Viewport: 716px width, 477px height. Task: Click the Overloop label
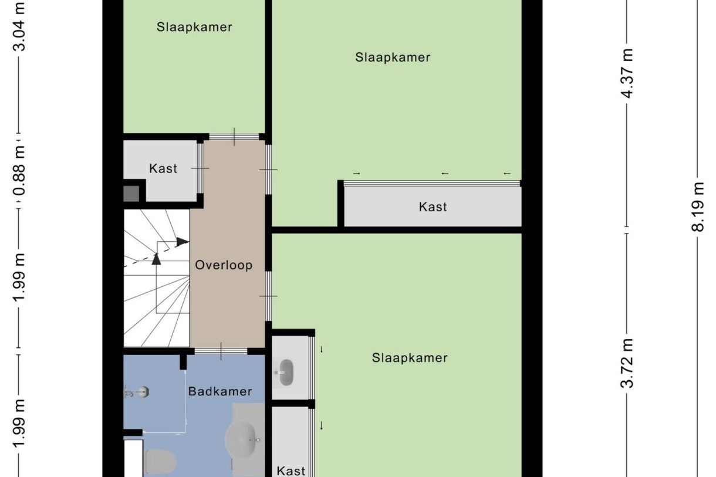(224, 265)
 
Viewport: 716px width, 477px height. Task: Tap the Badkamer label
(220, 391)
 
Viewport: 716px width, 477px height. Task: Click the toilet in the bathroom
(160, 461)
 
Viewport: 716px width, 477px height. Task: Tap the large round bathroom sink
(243, 440)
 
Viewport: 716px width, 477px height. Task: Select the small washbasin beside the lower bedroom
(286, 372)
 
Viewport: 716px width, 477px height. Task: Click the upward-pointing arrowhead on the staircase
(156, 259)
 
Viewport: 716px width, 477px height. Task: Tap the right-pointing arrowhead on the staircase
(183, 241)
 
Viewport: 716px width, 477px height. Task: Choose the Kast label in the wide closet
(433, 207)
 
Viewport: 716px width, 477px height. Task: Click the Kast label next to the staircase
(163, 169)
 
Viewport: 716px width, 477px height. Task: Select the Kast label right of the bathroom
(291, 471)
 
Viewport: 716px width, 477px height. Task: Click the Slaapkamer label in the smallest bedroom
(194, 27)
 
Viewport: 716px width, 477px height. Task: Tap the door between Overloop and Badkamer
(221, 351)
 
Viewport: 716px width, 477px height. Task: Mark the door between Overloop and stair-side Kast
(200, 168)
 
